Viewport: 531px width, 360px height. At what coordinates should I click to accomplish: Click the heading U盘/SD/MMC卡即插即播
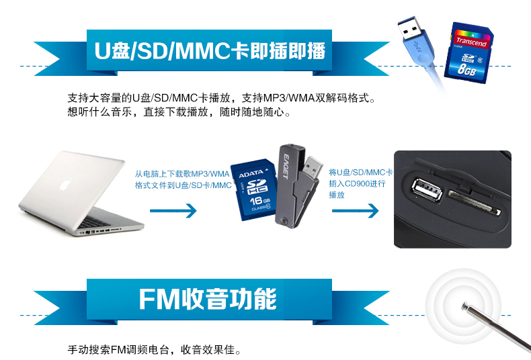tap(210, 51)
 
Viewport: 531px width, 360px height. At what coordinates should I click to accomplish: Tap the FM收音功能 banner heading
tap(208, 300)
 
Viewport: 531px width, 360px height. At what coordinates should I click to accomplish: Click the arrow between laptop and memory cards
tap(173, 212)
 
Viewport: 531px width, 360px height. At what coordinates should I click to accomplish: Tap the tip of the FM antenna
tap(464, 306)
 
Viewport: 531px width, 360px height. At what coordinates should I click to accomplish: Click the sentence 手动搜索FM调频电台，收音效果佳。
tap(154, 349)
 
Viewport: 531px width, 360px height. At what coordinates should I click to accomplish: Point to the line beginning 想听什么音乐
tap(179, 112)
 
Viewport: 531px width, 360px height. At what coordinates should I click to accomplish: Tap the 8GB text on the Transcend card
tap(466, 68)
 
